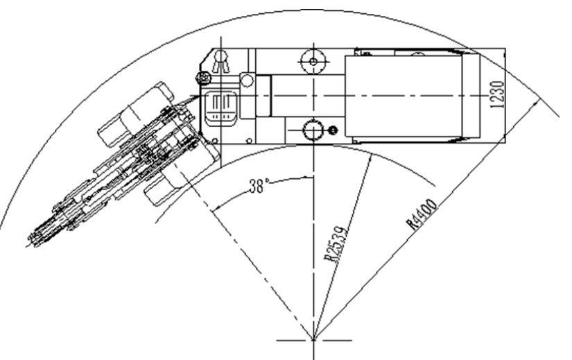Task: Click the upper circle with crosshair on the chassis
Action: [313, 62]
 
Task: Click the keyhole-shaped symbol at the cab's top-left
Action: [221, 62]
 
